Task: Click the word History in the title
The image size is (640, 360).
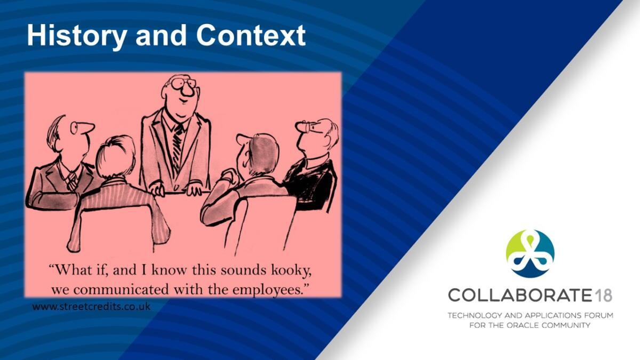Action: click(76, 36)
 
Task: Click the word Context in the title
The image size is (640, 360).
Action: click(251, 35)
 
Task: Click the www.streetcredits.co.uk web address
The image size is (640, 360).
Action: click(91, 307)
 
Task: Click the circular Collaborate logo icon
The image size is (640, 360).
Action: click(530, 253)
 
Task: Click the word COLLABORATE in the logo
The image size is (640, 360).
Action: click(519, 295)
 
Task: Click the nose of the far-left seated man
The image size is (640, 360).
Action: click(87, 127)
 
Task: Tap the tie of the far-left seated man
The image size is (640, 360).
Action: click(71, 181)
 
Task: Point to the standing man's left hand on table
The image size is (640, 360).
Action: click(194, 189)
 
